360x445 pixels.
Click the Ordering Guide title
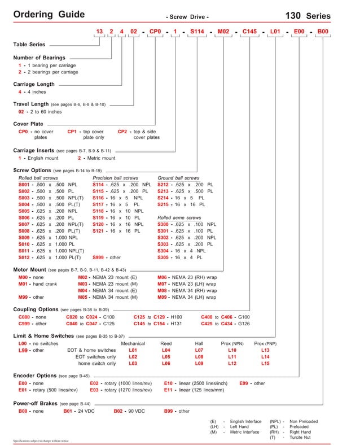click(49, 14)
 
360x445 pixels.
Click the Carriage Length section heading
click(34, 84)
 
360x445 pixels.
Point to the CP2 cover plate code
click(123, 132)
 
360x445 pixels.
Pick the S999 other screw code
click(100, 257)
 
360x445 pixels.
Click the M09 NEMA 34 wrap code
click(165, 297)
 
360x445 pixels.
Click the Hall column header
click(199, 343)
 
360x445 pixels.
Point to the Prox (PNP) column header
click(265, 343)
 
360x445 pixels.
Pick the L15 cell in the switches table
click(265, 364)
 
